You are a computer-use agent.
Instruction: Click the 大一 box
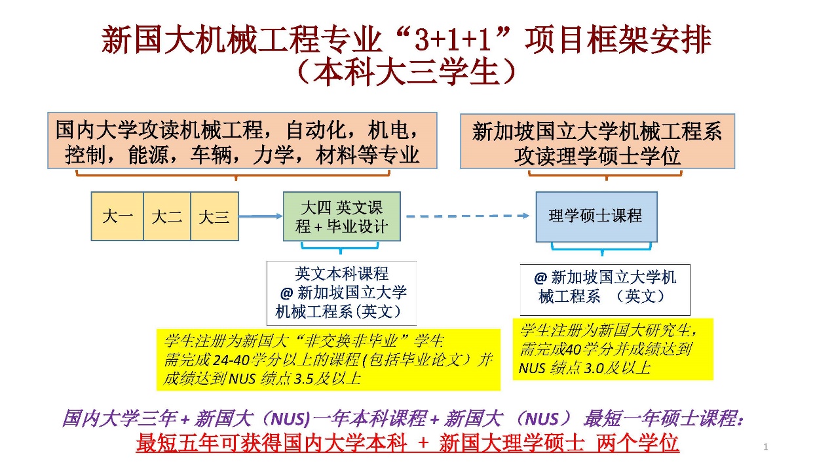(x=117, y=216)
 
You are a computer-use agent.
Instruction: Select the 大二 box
(x=166, y=216)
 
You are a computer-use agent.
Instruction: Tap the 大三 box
(x=214, y=216)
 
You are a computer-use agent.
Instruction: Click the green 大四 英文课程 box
(x=341, y=217)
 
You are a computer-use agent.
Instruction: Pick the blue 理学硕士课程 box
(x=596, y=216)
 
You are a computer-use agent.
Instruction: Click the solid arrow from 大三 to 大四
(x=260, y=216)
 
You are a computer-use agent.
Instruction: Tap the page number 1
(x=766, y=447)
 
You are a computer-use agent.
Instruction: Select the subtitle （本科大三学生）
(x=406, y=73)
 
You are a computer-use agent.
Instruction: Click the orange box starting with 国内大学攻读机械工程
(x=242, y=141)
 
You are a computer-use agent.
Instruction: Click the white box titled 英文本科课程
(x=341, y=292)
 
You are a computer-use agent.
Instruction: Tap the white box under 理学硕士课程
(x=605, y=288)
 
